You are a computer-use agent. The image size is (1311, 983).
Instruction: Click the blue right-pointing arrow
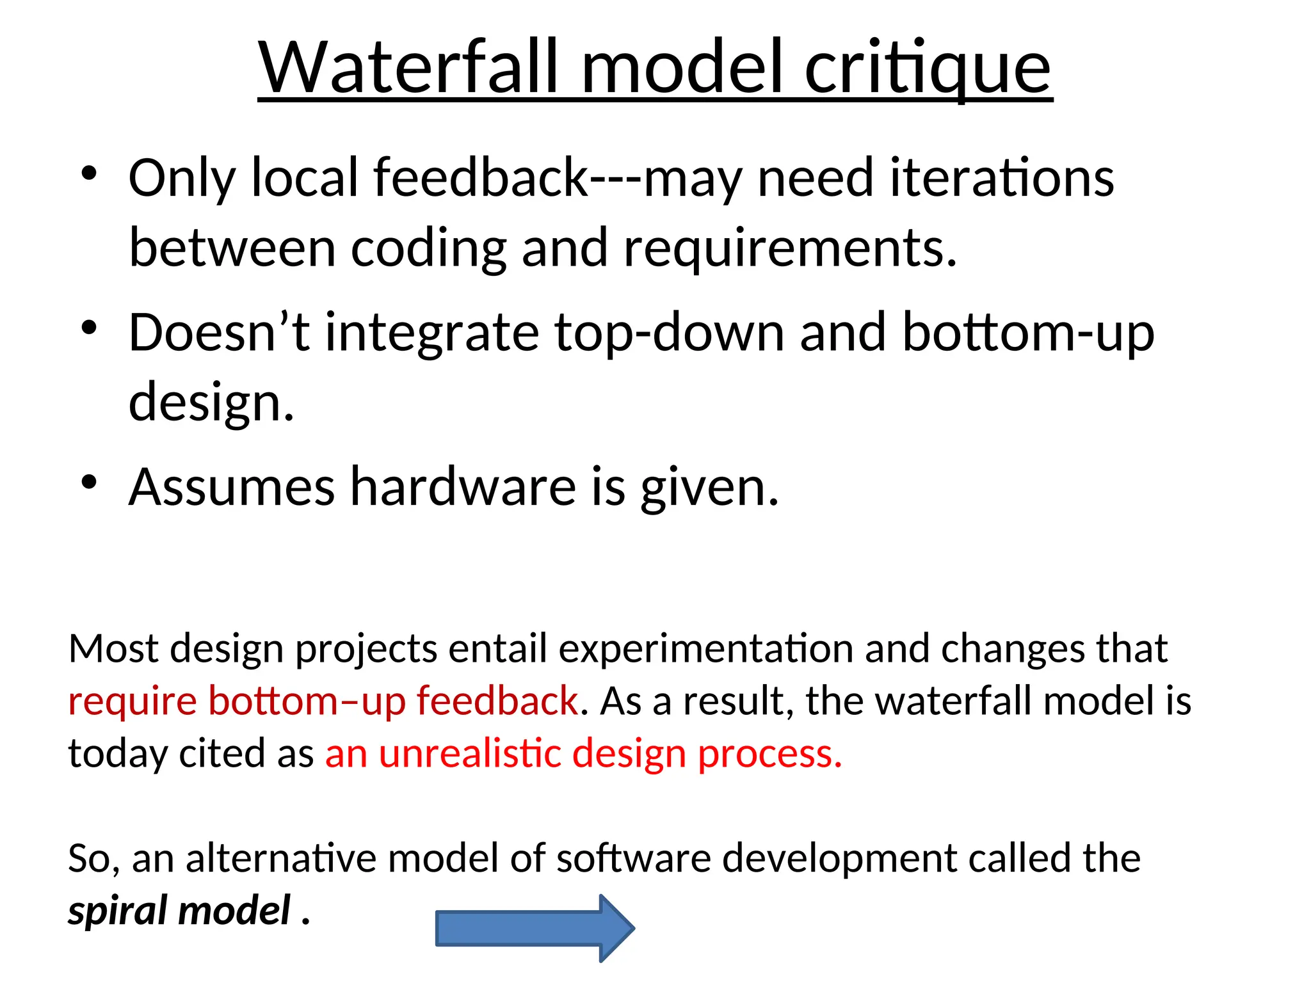(x=535, y=928)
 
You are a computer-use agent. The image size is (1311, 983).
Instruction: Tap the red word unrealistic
(x=470, y=753)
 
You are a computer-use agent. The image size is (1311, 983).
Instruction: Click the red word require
(x=132, y=701)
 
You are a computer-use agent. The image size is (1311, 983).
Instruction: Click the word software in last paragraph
(x=633, y=858)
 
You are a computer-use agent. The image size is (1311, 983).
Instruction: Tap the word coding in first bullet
(x=429, y=250)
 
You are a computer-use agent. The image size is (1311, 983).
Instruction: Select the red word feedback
(x=497, y=701)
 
